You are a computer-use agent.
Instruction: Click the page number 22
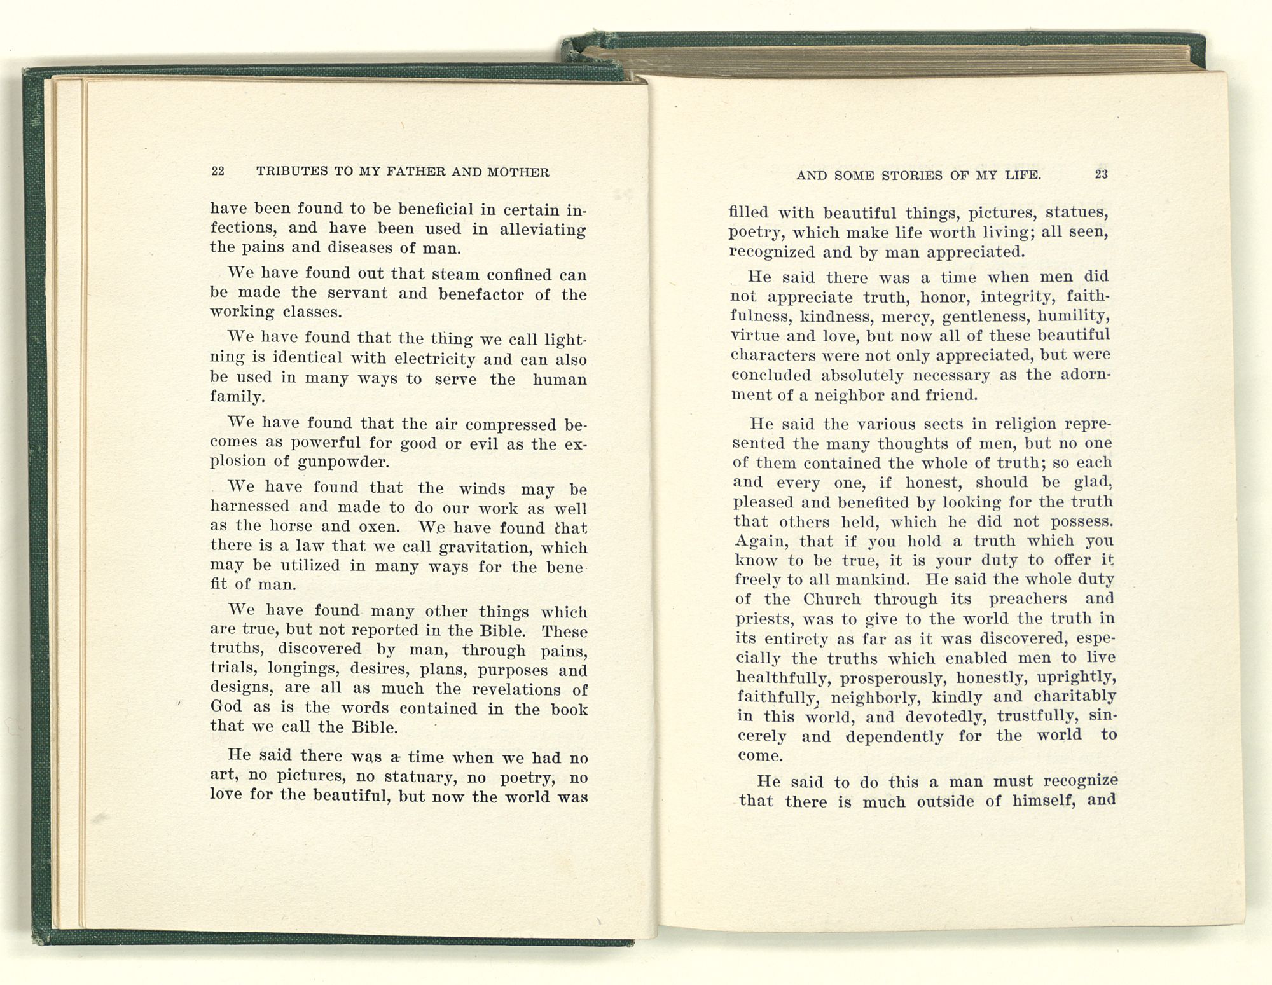coord(218,172)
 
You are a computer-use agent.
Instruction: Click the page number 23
coord(1102,174)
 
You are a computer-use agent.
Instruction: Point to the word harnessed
coord(250,507)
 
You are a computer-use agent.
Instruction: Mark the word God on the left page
coord(226,708)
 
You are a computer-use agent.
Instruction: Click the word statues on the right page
coord(1077,212)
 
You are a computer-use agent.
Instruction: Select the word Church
coord(831,599)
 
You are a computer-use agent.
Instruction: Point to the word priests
coord(763,619)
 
